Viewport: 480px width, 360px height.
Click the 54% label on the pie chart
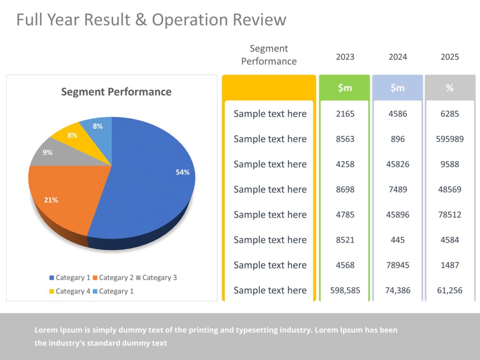(x=182, y=172)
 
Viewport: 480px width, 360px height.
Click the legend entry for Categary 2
(x=113, y=277)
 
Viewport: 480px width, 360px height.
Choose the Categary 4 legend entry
(x=70, y=291)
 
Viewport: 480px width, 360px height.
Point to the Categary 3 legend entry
(x=157, y=277)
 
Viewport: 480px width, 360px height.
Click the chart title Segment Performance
(x=116, y=92)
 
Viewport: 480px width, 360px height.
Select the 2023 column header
(x=345, y=57)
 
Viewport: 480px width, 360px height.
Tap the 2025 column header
(x=450, y=57)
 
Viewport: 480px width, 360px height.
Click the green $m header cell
(x=345, y=88)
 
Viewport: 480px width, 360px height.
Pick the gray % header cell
(x=450, y=88)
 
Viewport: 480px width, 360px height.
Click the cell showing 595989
(x=450, y=139)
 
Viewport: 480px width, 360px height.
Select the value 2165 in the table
(x=345, y=114)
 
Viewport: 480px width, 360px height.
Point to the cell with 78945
(x=397, y=265)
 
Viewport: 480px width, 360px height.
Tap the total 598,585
(x=345, y=291)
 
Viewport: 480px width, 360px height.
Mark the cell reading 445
(x=397, y=240)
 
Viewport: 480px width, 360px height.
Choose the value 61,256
(x=450, y=291)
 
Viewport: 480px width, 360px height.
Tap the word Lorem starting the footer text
(x=45, y=330)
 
